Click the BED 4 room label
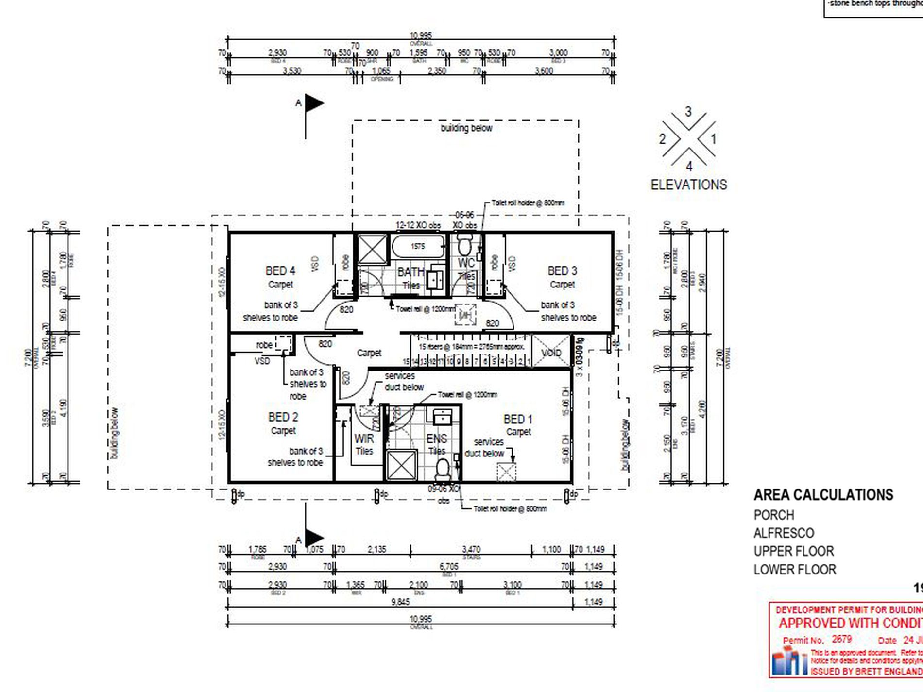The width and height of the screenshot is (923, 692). point(280,270)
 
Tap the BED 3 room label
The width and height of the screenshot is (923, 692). point(562,270)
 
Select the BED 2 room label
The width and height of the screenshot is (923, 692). point(283,417)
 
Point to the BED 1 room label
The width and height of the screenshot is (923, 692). point(518,419)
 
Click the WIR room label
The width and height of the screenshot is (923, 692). point(364,439)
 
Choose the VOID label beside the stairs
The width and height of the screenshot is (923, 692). point(551,353)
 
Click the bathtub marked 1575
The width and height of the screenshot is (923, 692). point(418,247)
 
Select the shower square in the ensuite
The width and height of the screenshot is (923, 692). point(401,465)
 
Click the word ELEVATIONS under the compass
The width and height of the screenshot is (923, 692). point(688,185)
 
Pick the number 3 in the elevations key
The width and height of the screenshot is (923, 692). point(688,112)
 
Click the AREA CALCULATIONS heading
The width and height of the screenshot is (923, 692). point(823,495)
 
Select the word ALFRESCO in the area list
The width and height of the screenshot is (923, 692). point(783,533)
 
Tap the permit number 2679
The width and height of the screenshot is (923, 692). point(841,640)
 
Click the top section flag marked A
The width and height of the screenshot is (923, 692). point(313,103)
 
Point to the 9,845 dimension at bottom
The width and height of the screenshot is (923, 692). point(400,602)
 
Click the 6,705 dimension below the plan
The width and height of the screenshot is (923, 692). point(448,566)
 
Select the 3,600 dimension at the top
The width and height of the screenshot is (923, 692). point(544,71)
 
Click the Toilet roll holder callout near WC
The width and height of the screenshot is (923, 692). point(528,203)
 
